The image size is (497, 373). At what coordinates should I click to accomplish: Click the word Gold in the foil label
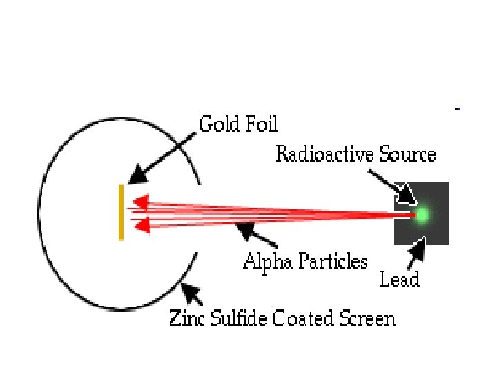pyautogui.click(x=217, y=124)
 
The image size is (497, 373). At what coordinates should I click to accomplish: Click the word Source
pyautogui.click(x=407, y=153)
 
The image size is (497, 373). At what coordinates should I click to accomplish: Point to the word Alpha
pyautogui.click(x=266, y=261)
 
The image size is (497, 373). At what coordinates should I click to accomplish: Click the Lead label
pyautogui.click(x=400, y=280)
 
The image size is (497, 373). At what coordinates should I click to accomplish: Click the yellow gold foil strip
pyautogui.click(x=121, y=212)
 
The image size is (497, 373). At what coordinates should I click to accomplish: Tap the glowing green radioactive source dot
pyautogui.click(x=421, y=216)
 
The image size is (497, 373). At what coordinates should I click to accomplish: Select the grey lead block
pyautogui.click(x=435, y=231)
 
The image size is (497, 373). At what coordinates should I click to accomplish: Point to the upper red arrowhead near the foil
pyautogui.click(x=140, y=202)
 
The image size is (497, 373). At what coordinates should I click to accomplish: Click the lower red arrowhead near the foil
pyautogui.click(x=140, y=224)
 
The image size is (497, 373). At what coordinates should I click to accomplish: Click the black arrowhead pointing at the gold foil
pyautogui.click(x=137, y=175)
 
